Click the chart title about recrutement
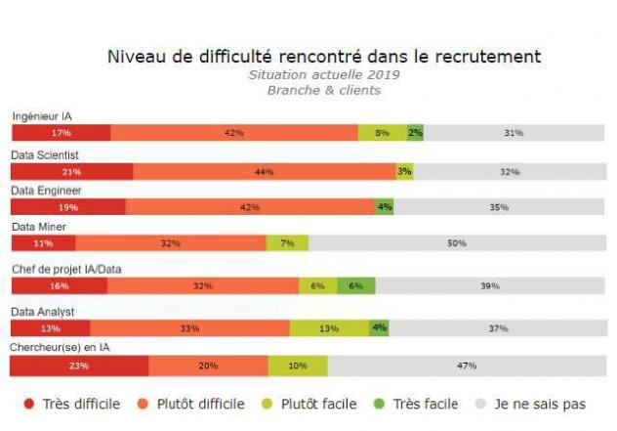(323, 56)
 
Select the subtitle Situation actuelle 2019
(323, 74)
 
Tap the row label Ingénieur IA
(42, 116)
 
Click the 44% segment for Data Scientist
(264, 172)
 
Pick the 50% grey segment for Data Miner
(456, 243)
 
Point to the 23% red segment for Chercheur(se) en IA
(79, 366)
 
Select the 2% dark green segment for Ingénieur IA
(415, 133)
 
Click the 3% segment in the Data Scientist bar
(404, 172)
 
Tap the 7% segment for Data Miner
(287, 243)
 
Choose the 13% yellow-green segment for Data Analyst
(329, 328)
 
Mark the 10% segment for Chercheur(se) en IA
(298, 366)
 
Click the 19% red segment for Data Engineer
(67, 207)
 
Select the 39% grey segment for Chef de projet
(490, 286)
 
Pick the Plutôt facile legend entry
(308, 404)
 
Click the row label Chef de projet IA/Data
(66, 269)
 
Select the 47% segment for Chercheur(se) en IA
(466, 366)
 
